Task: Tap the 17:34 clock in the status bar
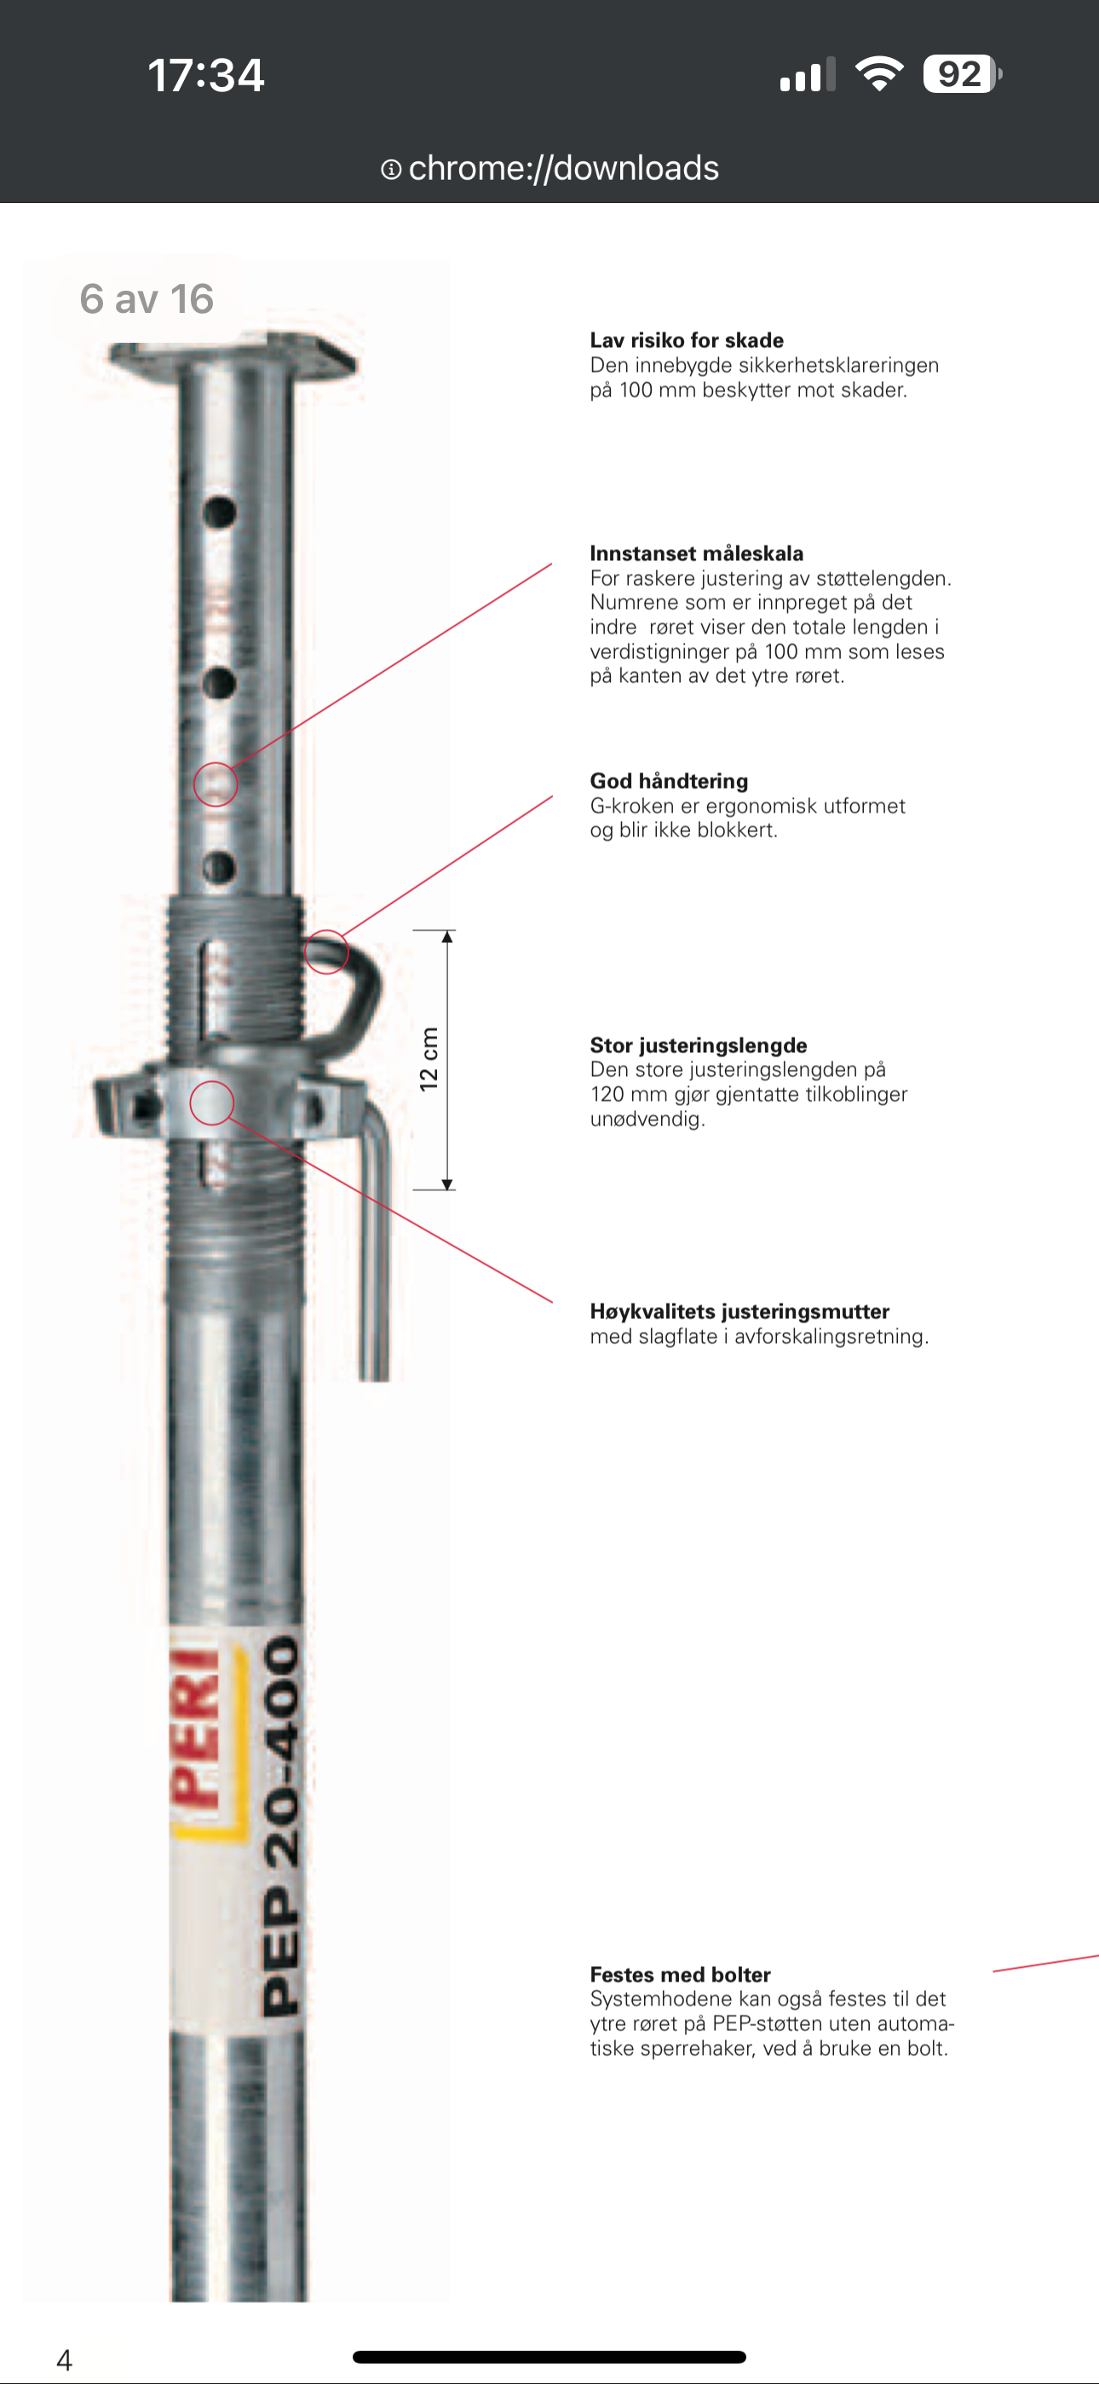(205, 75)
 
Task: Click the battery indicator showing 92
(962, 74)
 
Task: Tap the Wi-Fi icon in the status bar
(879, 73)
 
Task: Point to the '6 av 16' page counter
(147, 299)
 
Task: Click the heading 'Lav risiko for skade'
(687, 339)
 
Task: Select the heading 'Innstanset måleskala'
(697, 553)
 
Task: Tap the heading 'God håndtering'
(669, 781)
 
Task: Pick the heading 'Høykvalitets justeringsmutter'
(740, 1311)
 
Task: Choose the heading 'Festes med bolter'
(680, 1974)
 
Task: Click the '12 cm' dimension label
(429, 1059)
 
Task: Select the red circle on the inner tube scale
(194, 784)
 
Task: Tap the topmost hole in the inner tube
(219, 512)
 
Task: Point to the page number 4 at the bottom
(64, 2359)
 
